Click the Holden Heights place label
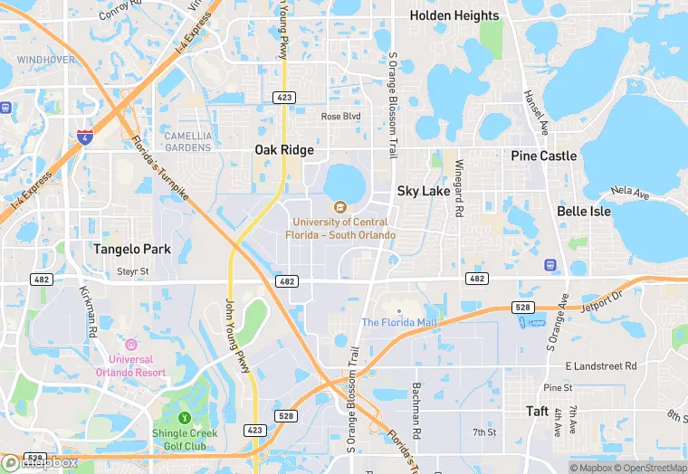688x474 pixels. (454, 15)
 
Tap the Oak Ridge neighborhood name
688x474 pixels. (284, 150)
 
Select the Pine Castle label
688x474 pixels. (543, 156)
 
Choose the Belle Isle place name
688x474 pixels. (584, 211)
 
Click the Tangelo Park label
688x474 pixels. (132, 248)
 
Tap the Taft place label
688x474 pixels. (538, 411)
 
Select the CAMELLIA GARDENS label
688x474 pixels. (188, 141)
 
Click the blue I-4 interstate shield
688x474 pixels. (85, 137)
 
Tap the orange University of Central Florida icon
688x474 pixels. (340, 207)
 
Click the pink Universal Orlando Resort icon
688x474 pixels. (131, 345)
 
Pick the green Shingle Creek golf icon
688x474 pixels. (185, 418)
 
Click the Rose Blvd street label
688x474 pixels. (340, 117)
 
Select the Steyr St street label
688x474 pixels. (132, 270)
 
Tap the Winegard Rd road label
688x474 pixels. (459, 188)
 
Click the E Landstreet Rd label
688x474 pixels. (601, 365)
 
